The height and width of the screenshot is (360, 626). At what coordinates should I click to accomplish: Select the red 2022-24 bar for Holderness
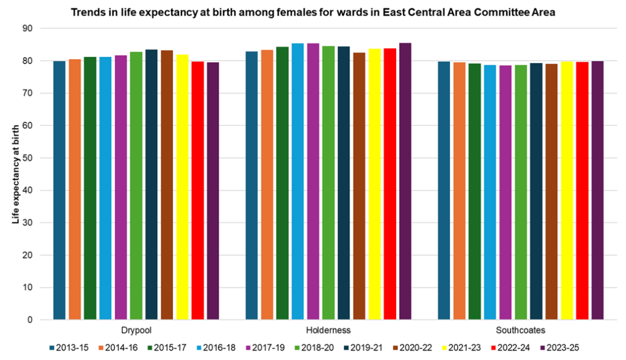[x=389, y=184]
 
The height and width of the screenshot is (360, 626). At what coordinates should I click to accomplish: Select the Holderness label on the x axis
[x=328, y=331]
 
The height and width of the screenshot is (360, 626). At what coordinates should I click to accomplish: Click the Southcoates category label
[x=521, y=331]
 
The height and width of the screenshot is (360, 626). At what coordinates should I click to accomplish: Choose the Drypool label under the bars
[x=136, y=331]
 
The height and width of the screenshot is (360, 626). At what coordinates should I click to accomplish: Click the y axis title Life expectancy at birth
[x=17, y=174]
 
